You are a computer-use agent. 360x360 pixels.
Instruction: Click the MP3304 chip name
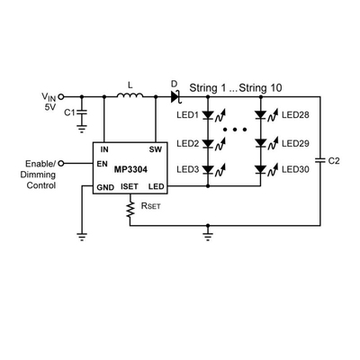(x=130, y=170)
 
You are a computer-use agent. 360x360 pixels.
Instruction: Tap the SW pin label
(x=155, y=149)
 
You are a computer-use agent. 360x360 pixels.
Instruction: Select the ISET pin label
(x=130, y=186)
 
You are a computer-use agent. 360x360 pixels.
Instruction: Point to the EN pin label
(x=103, y=164)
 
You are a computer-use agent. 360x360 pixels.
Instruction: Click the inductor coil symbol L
(x=130, y=94)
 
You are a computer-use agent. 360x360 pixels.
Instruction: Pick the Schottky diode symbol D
(x=175, y=97)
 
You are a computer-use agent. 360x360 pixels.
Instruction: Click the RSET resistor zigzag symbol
(x=130, y=210)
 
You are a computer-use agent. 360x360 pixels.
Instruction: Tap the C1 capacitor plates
(x=82, y=112)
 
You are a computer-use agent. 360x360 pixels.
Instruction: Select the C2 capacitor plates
(x=320, y=160)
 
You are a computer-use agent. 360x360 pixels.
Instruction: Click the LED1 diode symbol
(x=208, y=115)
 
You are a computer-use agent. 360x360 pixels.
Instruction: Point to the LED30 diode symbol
(x=260, y=170)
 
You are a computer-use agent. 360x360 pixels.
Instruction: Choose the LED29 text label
(x=295, y=143)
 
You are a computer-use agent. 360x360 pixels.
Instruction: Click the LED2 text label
(x=188, y=143)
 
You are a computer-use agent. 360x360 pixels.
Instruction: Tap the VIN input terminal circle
(x=61, y=97)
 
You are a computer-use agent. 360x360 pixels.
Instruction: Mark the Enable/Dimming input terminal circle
(x=61, y=164)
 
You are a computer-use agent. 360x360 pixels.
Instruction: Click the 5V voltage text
(x=50, y=107)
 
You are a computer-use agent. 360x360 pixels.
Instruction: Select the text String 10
(x=260, y=88)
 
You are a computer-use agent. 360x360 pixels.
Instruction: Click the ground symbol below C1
(x=82, y=129)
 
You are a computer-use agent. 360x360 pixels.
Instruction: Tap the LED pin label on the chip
(x=157, y=186)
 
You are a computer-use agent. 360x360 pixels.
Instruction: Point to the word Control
(x=41, y=185)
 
